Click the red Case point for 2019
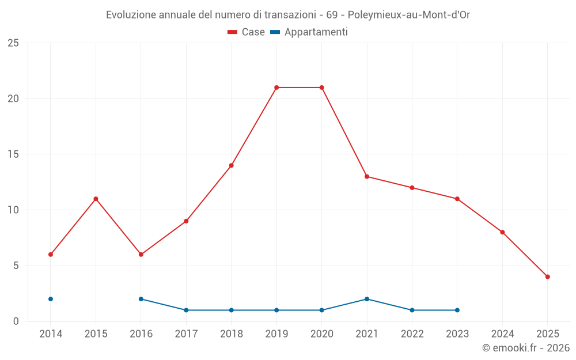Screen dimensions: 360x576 click(x=276, y=88)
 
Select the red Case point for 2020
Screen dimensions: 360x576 click(x=321, y=88)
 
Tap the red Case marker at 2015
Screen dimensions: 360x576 click(x=96, y=199)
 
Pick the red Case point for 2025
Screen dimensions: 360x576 click(x=547, y=276)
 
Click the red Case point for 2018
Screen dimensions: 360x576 click(x=232, y=165)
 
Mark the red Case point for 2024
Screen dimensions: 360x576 click(x=502, y=232)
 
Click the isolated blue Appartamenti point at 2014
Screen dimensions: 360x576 click(x=51, y=299)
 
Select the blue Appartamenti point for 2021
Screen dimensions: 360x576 click(x=367, y=299)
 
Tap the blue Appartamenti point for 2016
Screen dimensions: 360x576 click(x=141, y=299)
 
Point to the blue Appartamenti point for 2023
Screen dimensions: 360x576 click(x=457, y=310)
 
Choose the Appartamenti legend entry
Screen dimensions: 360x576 click(x=309, y=32)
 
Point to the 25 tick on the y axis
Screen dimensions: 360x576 click(x=13, y=43)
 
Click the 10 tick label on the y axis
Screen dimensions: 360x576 click(x=13, y=210)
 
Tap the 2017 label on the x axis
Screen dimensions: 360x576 click(x=186, y=334)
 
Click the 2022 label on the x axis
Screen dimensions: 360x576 click(x=412, y=334)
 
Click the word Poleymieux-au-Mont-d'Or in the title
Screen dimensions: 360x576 click(x=409, y=15)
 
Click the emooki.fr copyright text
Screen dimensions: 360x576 click(x=526, y=348)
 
